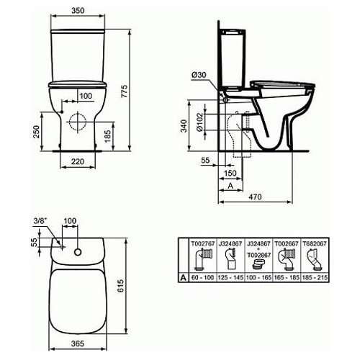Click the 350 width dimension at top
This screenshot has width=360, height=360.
coord(78,11)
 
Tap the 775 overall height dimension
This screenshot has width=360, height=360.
coord(125,91)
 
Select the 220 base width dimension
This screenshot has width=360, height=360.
coord(78,161)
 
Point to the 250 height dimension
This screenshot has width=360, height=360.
coord(36,132)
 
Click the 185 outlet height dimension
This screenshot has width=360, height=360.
coord(108,136)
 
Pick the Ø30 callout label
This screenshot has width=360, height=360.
coord(199,75)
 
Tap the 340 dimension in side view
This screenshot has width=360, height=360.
coord(184,126)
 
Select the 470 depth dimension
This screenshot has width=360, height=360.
coord(255,197)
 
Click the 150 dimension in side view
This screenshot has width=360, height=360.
coord(230,173)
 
